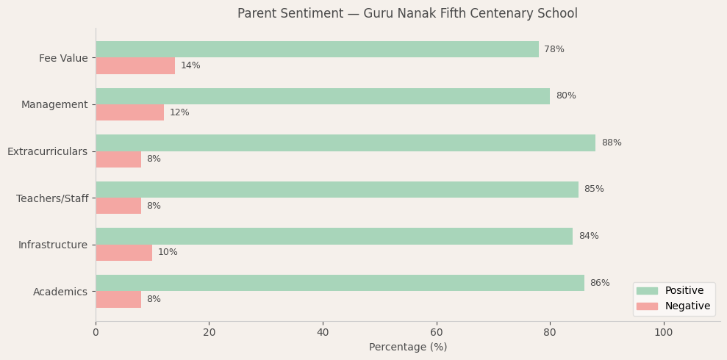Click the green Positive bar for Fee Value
point(317,49)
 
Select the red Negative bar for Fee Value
point(135,66)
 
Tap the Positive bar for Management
point(323,96)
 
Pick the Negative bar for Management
point(129,112)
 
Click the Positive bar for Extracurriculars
point(345,143)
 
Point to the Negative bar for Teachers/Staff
point(118,206)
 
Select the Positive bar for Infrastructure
point(334,236)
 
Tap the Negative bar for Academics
point(118,299)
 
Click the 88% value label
point(611,143)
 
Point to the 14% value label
point(190,66)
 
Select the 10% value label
point(168,253)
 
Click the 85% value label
point(594,190)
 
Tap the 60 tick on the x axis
point(437,333)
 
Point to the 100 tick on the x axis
point(664,333)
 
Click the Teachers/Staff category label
point(52,198)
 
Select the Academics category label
point(60,292)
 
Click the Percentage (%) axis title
point(408,348)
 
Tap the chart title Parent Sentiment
point(407,14)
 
